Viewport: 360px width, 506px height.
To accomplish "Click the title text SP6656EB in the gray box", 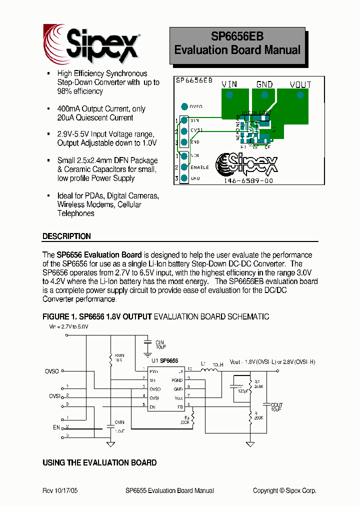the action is pos(237,36).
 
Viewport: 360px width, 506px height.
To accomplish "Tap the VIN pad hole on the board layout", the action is pos(229,95).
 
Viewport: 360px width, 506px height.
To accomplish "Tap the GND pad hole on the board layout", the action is pos(264,95).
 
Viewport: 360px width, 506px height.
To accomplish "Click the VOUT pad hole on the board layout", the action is pos(300,95).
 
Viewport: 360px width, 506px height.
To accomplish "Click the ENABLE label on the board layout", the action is pos(199,167).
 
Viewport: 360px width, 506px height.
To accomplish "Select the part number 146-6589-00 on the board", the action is pos(249,180).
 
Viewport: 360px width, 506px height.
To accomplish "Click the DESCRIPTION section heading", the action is pos(66,236).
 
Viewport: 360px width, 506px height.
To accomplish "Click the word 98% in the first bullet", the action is pos(65,91).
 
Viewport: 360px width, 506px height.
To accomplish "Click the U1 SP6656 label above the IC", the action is pos(164,361).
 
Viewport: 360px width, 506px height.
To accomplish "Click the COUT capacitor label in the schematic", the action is pos(276,405).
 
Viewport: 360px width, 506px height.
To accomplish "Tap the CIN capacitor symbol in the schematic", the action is pos(147,342).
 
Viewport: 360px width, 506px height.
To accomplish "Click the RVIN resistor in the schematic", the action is pos(111,358).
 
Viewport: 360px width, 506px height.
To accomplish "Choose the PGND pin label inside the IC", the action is pos(177,380).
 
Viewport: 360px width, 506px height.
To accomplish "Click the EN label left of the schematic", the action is pos(56,427).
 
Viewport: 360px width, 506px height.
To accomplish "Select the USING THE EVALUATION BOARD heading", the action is pos(99,462).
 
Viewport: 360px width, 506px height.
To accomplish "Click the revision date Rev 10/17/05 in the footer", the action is pos(60,490).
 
